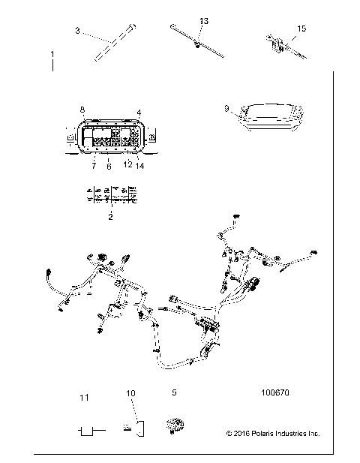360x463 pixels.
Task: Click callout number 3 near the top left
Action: pos(78,32)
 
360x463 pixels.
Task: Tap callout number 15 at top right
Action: pos(301,29)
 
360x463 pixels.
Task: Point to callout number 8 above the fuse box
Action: pos(82,110)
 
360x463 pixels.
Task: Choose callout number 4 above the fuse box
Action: pos(139,112)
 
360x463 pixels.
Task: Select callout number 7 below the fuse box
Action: pos(94,165)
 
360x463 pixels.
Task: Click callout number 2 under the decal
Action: pos(110,216)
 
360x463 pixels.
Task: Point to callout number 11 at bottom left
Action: pos(85,395)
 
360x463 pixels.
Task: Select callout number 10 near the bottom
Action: pos(130,392)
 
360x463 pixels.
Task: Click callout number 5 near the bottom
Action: pos(174,392)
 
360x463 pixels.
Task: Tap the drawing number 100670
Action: pos(274,392)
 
